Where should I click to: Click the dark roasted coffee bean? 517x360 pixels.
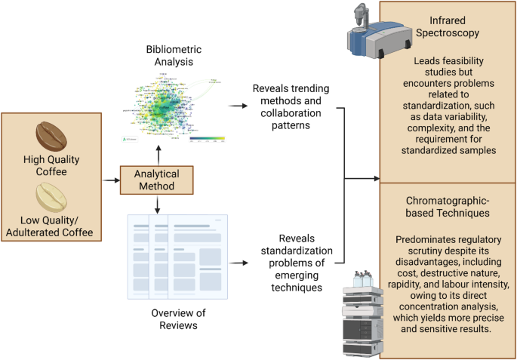coord(52,136)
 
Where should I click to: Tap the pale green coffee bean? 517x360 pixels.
coord(52,195)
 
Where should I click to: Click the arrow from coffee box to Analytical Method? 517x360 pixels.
coord(111,180)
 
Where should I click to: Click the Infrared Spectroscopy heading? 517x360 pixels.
coord(449,27)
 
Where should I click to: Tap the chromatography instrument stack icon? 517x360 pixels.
coord(365,312)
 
